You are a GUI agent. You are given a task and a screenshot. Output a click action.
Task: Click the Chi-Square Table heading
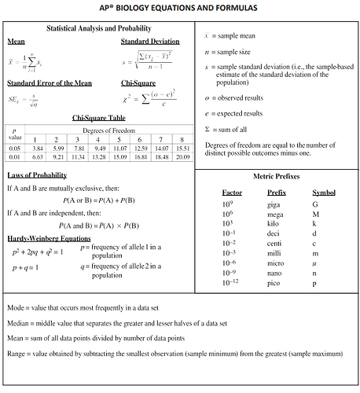pos(98,118)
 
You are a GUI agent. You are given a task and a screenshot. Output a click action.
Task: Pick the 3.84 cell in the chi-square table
pos(37,148)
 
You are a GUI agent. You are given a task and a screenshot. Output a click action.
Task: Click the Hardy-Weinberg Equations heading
pos(49,237)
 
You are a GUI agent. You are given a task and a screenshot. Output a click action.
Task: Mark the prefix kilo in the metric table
pos(275,223)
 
